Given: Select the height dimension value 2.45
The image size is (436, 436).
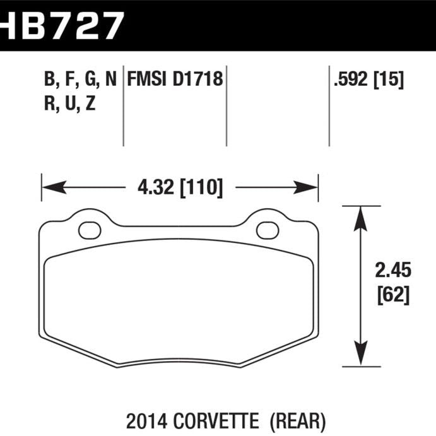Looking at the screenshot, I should [392, 271].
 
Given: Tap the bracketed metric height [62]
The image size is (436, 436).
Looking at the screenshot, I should [392, 294].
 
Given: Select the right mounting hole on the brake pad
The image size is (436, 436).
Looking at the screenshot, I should [267, 229].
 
